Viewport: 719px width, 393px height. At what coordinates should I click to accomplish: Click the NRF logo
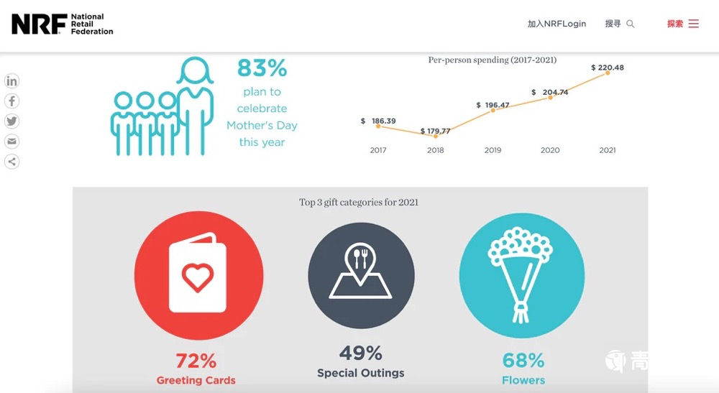coord(62,24)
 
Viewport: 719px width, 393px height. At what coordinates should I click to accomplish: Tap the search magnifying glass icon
coord(631,24)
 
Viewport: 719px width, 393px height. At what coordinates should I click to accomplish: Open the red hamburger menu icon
coord(693,24)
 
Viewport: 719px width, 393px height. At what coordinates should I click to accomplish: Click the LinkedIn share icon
coord(12,81)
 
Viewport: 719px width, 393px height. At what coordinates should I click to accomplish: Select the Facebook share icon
coord(12,101)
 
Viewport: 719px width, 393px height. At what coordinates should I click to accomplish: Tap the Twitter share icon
coord(12,121)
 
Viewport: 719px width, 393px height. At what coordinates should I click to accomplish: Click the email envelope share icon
coord(12,142)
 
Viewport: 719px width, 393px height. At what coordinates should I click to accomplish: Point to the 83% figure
coord(262,68)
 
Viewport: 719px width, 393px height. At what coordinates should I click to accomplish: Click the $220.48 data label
coord(608,68)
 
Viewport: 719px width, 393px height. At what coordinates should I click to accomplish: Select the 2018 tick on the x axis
coord(436,150)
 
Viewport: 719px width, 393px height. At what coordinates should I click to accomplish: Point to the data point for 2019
coord(493,110)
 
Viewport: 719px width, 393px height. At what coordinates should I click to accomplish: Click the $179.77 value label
coord(436,131)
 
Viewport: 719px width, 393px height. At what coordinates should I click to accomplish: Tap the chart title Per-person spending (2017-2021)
coord(492,60)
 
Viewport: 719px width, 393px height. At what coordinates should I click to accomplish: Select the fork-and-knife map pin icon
coord(360,256)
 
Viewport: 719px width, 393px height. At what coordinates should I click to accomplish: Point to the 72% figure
coord(196,360)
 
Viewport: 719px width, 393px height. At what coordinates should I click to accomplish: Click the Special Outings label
coord(361,373)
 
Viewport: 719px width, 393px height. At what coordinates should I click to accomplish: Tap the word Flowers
coord(523,380)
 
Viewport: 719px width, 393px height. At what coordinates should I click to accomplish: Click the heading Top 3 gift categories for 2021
coord(359,203)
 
